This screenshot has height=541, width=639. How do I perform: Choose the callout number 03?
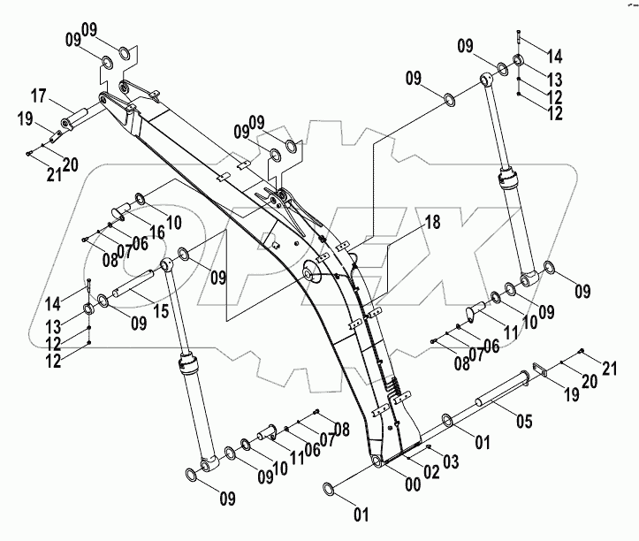tap(451, 461)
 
